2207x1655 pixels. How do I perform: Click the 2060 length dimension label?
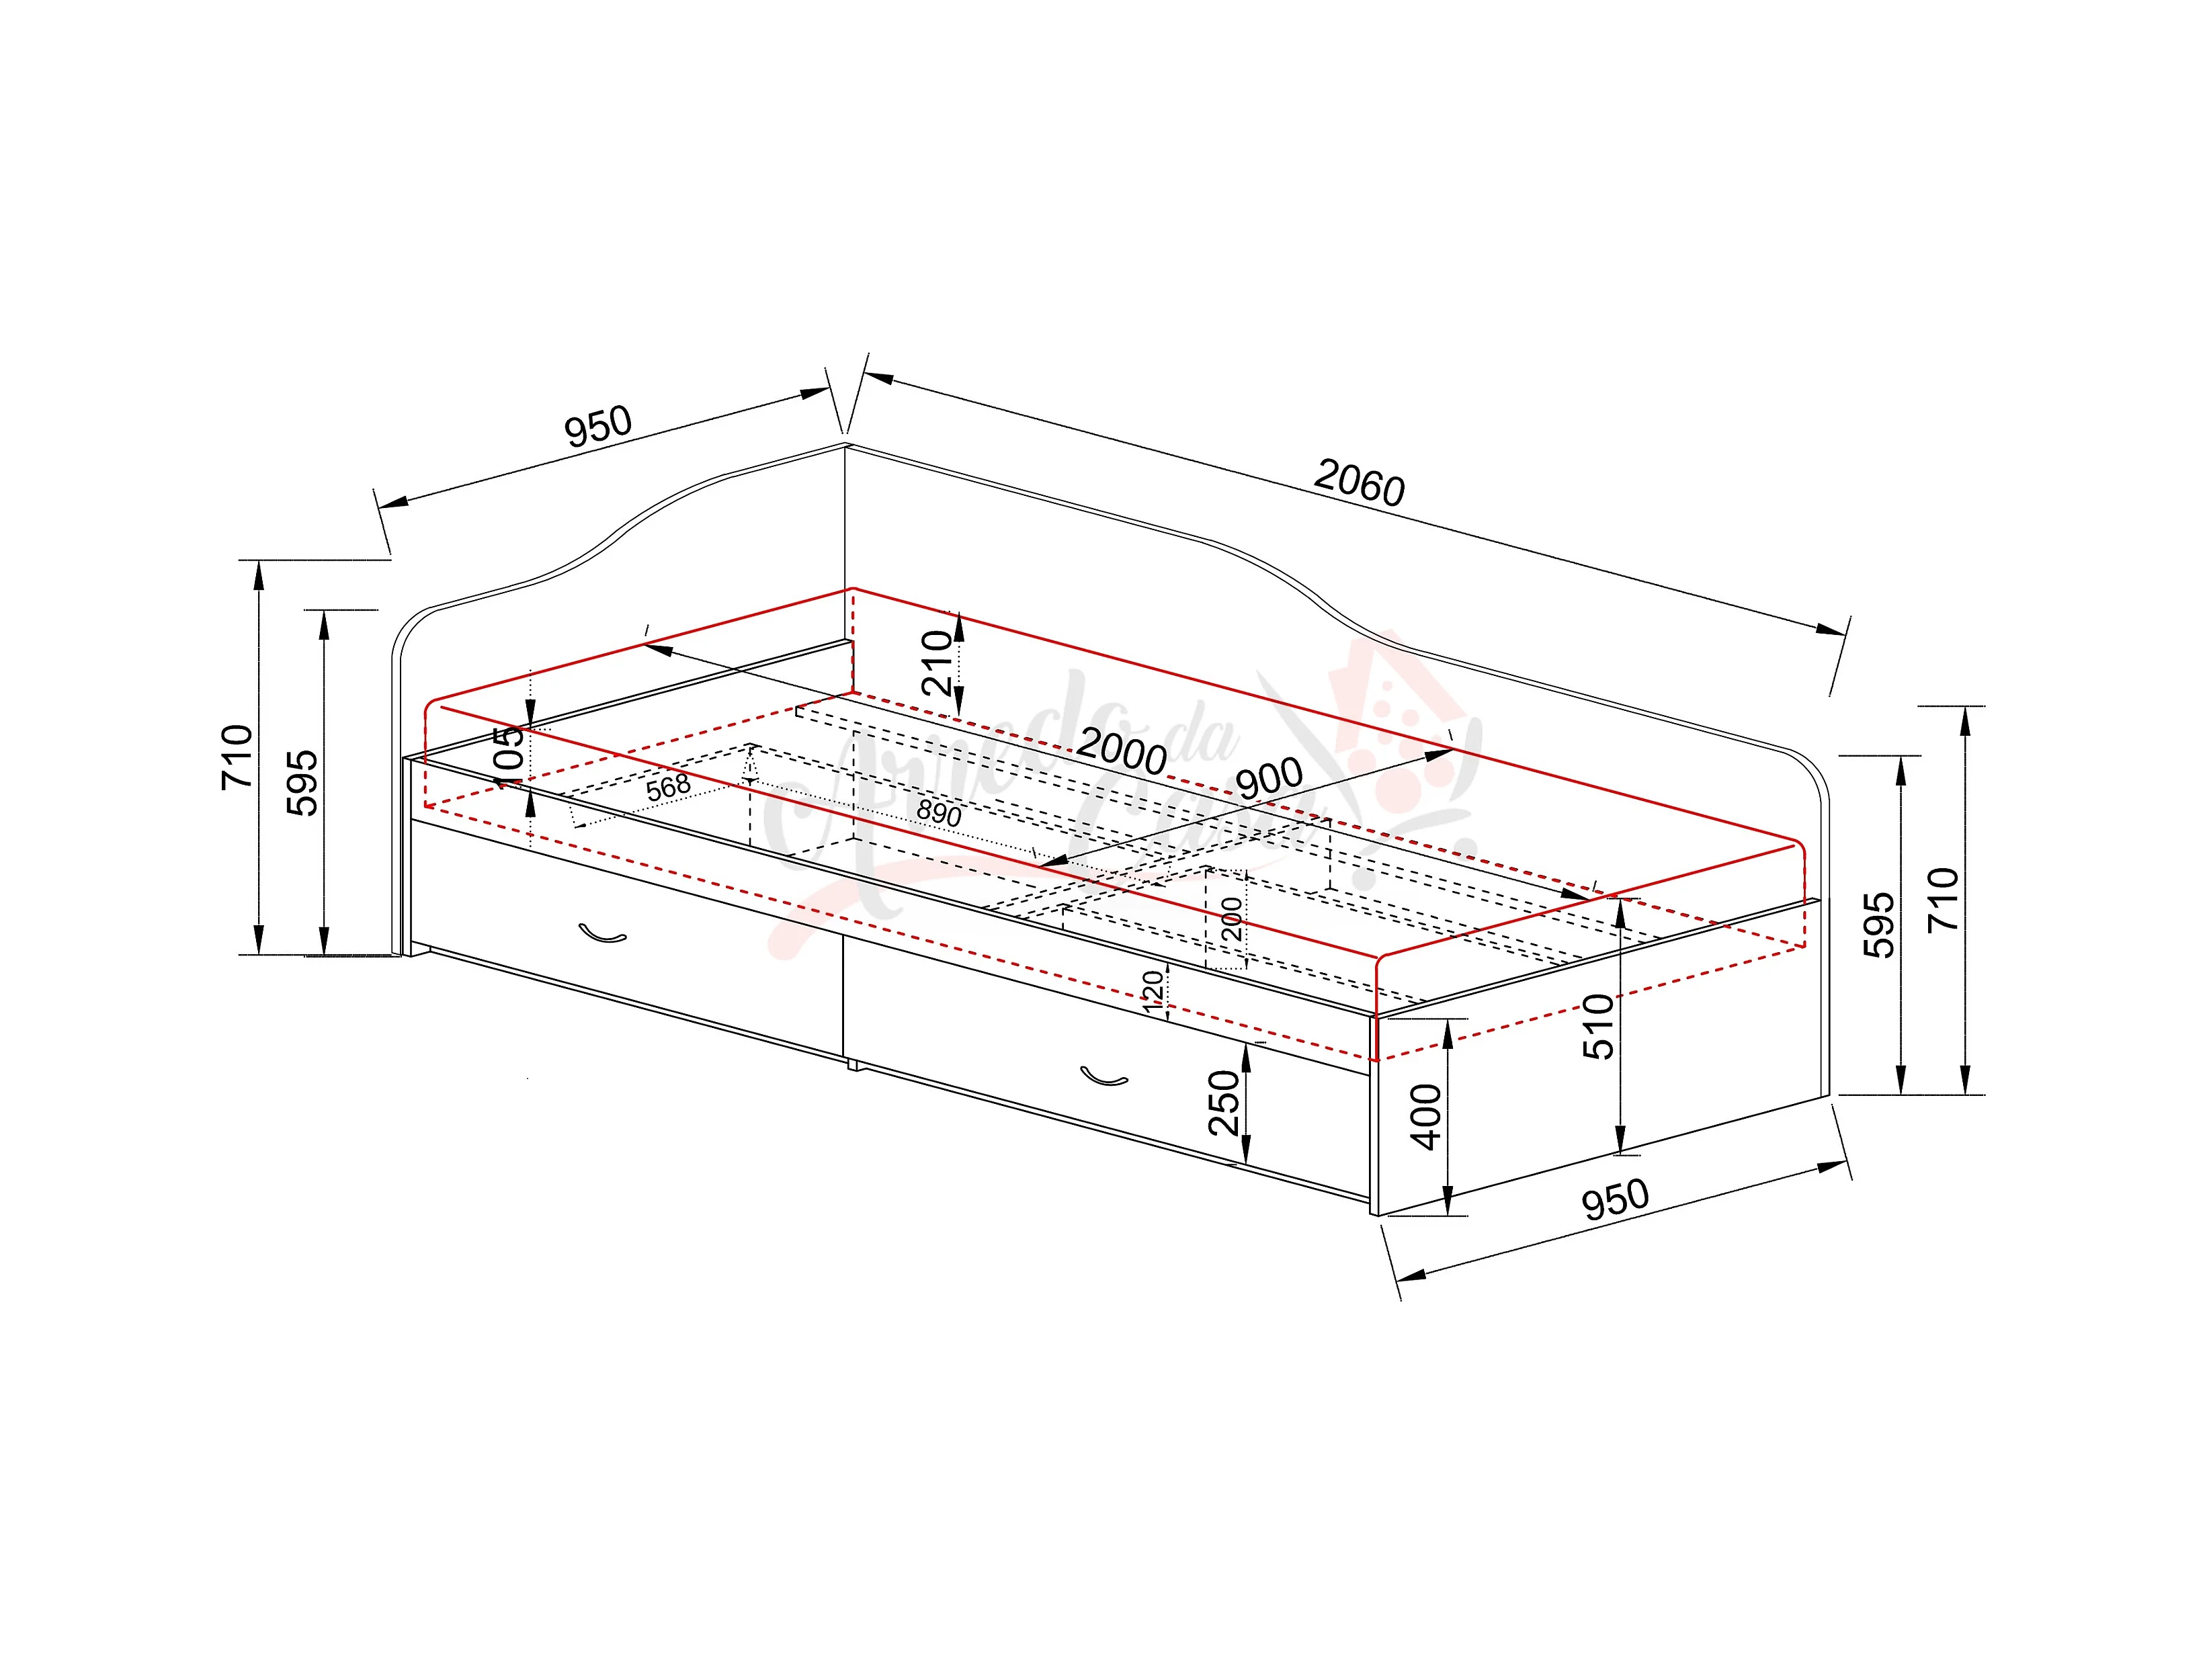pos(1359,483)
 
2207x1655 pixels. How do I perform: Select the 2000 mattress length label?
pos(1122,750)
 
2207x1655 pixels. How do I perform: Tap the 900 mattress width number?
pos(1269,778)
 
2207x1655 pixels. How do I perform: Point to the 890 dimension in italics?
pos(939,812)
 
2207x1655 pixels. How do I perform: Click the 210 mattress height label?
pos(938,663)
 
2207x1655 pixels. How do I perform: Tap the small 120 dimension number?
pos(1153,992)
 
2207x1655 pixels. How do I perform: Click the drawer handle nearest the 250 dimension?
pos(1103,1076)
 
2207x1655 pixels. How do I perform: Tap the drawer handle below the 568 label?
pos(603,934)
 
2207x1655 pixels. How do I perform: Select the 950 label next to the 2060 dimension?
pos(599,426)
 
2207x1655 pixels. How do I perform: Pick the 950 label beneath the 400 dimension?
pos(1616,1200)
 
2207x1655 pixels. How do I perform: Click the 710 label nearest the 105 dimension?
pos(237,757)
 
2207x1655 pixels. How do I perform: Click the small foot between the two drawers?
pos(852,1064)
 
